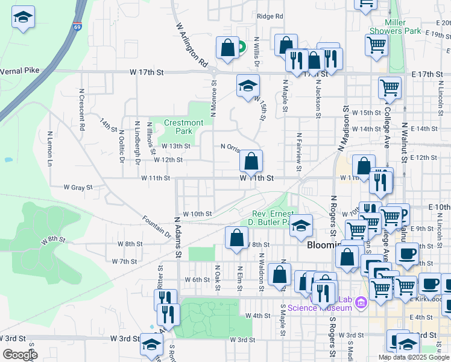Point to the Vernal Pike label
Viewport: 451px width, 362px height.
(x=19, y=70)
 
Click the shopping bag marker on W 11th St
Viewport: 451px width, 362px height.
(x=251, y=162)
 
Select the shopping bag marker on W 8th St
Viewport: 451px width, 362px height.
(x=236, y=238)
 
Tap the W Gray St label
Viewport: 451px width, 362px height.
(x=77, y=188)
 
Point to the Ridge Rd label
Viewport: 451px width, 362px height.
(x=270, y=16)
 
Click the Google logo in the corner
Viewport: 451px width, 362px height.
(x=20, y=355)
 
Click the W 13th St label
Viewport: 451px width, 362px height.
(x=175, y=146)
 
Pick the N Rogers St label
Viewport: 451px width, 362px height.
(x=332, y=217)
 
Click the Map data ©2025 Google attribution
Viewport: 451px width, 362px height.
(x=413, y=357)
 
